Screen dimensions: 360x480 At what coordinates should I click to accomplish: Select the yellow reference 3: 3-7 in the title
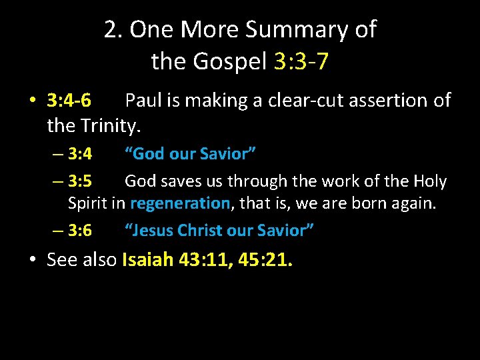[x=301, y=62]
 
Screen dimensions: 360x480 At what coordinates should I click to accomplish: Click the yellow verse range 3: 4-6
[x=69, y=101]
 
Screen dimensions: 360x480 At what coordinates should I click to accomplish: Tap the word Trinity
[x=115, y=125]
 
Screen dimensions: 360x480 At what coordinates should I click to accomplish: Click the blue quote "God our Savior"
[x=191, y=154]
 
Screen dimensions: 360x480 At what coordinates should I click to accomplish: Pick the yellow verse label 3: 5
[x=80, y=181]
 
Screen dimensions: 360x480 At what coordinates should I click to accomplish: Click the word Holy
[x=430, y=181]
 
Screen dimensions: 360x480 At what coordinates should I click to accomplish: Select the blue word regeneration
[x=180, y=203]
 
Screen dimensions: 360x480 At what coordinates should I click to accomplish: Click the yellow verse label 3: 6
[x=80, y=231]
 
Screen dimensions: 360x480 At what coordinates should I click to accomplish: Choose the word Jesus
[x=152, y=231]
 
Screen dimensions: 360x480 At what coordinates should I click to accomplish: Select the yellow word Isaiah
[x=149, y=260]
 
